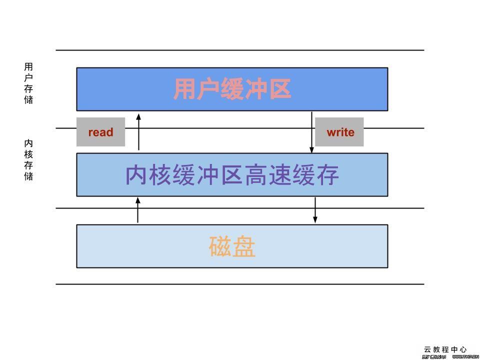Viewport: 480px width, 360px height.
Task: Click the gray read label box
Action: coord(100,132)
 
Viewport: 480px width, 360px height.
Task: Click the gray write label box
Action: coord(339,132)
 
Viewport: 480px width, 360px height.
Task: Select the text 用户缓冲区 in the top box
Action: coord(232,89)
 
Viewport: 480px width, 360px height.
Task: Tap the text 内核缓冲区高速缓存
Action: coord(232,175)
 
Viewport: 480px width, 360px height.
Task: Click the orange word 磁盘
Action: coord(232,246)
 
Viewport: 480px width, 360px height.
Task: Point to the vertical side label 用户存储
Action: coord(28,83)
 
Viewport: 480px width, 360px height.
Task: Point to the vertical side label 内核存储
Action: coord(28,160)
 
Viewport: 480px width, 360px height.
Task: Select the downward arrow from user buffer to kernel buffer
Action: coord(311,132)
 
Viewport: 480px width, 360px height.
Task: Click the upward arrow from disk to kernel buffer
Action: coord(138,210)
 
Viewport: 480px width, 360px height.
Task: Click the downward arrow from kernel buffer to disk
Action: coord(315,210)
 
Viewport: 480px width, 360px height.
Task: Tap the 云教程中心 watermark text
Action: coord(445,349)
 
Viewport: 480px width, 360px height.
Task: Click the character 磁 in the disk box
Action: coord(220,246)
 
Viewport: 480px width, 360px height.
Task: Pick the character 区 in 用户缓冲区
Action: coord(280,89)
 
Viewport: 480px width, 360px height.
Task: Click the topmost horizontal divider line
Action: coord(240,50)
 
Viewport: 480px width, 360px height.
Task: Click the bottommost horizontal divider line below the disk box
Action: coord(240,284)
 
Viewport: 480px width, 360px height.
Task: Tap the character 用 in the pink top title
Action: coord(184,89)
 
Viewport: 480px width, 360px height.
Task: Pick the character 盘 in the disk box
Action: coord(244,246)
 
